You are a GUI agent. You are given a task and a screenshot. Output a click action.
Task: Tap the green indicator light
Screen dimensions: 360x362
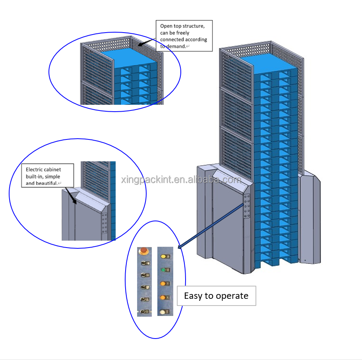(163, 270)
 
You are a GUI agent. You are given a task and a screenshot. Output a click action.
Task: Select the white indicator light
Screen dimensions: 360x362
(163, 312)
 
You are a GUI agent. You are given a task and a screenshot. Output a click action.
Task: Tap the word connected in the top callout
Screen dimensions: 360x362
(172, 40)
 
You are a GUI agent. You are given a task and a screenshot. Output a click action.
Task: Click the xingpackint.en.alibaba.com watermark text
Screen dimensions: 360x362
(181, 180)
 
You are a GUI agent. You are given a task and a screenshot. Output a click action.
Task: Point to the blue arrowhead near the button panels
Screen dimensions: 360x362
(180, 247)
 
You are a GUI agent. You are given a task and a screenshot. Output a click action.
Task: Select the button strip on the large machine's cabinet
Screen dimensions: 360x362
(247, 207)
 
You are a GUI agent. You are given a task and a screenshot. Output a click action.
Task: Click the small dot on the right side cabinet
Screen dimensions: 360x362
(305, 260)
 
